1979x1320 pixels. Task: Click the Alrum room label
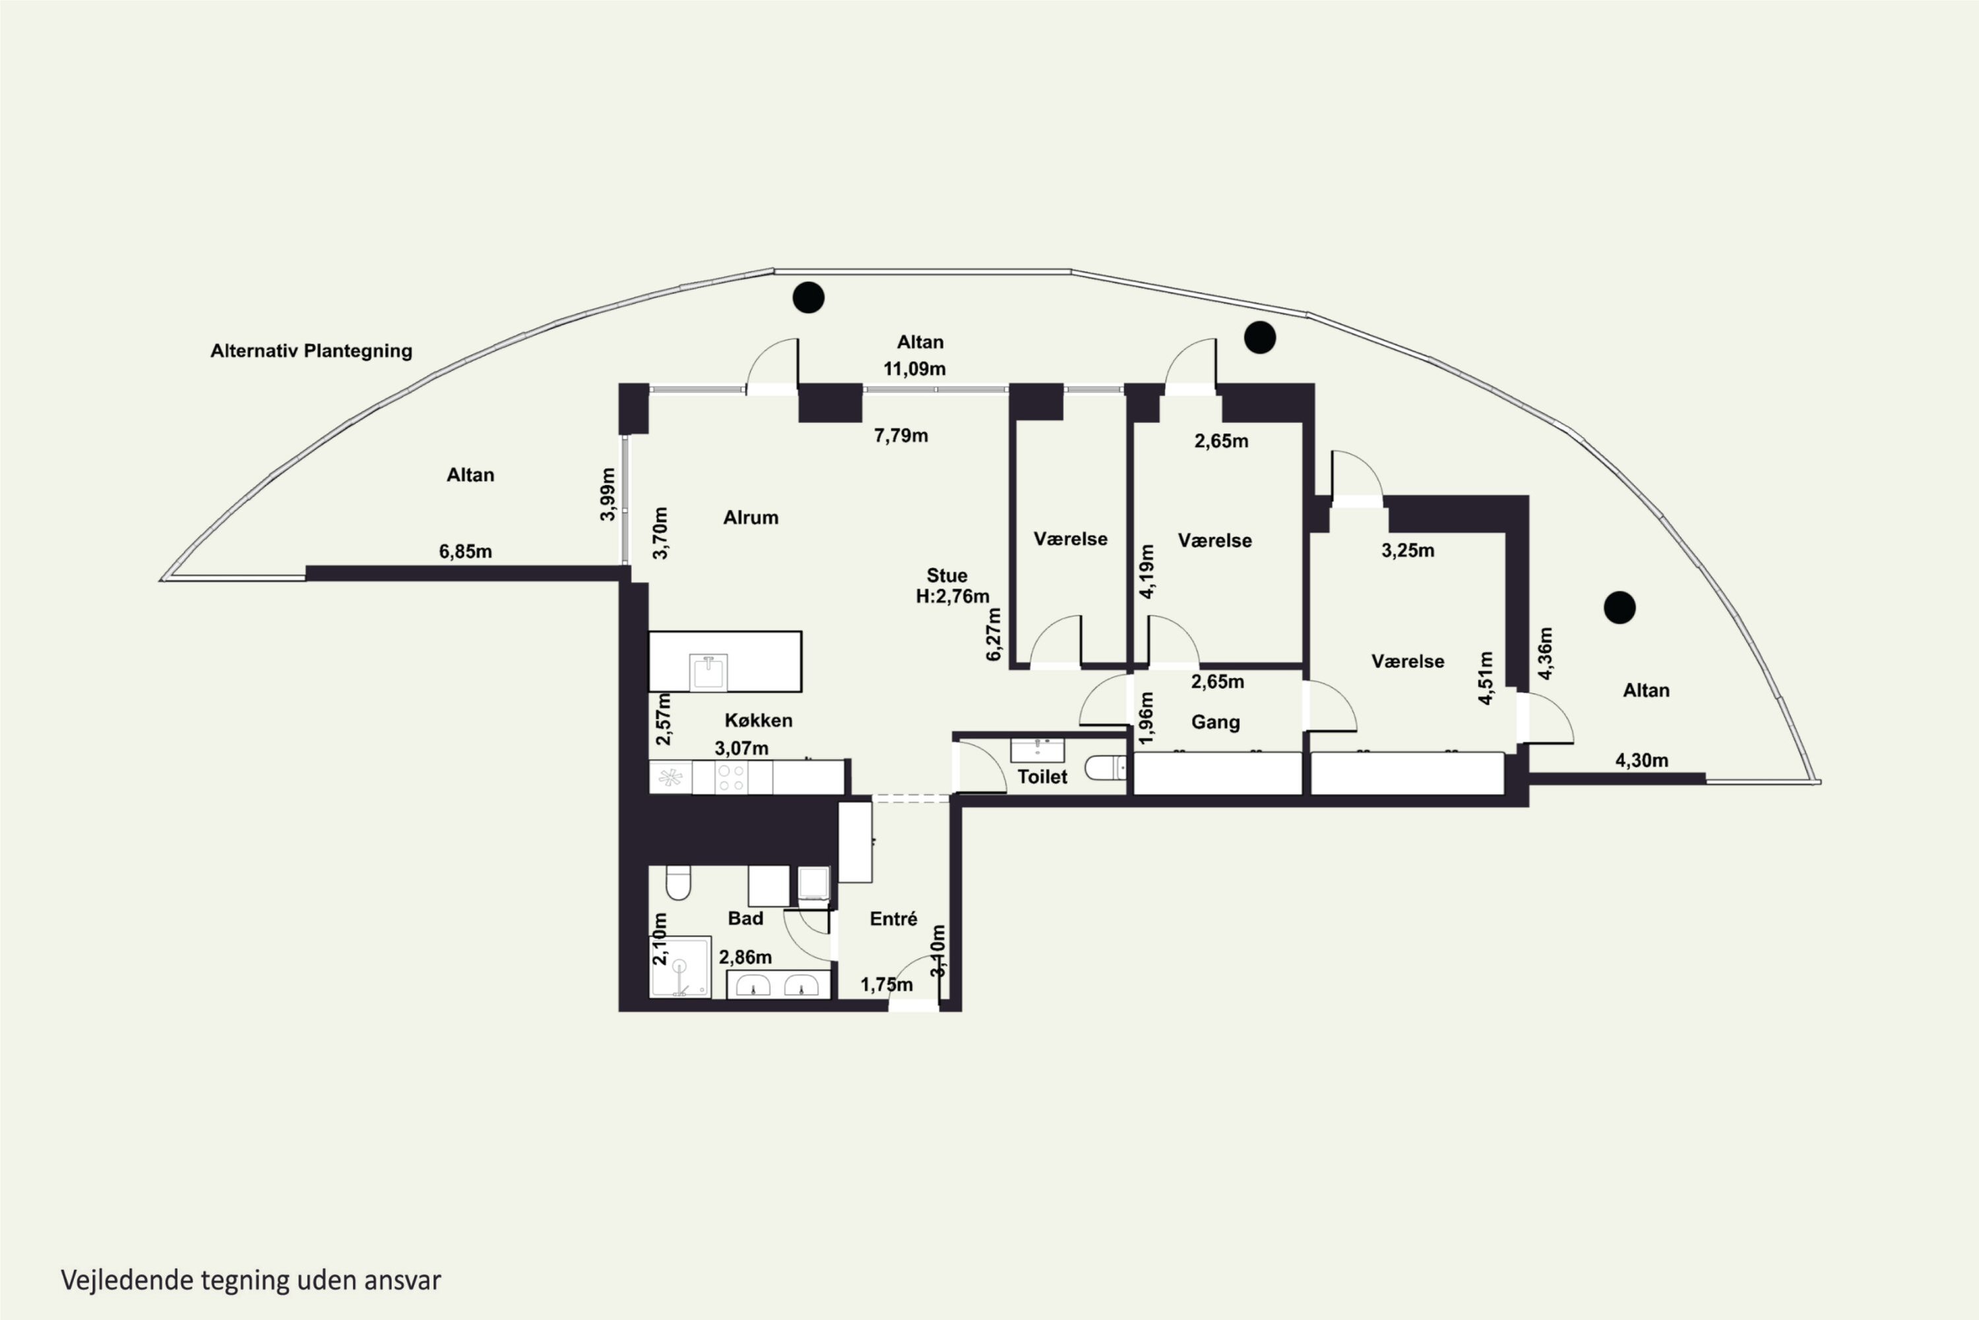coord(751,517)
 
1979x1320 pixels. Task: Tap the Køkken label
coord(758,721)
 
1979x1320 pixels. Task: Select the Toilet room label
coord(1042,777)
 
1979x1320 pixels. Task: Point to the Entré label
coord(894,919)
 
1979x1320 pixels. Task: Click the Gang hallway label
coord(1215,722)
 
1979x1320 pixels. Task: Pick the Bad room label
coord(745,919)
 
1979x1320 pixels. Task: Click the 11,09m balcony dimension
coord(914,369)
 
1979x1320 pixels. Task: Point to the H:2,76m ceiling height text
coord(953,596)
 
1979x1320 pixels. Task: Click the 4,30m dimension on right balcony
coord(1642,760)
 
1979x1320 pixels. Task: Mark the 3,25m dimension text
coord(1408,550)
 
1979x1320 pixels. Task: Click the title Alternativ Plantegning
coord(311,351)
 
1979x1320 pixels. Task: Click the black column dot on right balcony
coord(1619,607)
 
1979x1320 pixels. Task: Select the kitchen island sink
coord(708,673)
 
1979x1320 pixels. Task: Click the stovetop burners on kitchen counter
coord(730,778)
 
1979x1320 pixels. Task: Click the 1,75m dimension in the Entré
coord(887,984)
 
